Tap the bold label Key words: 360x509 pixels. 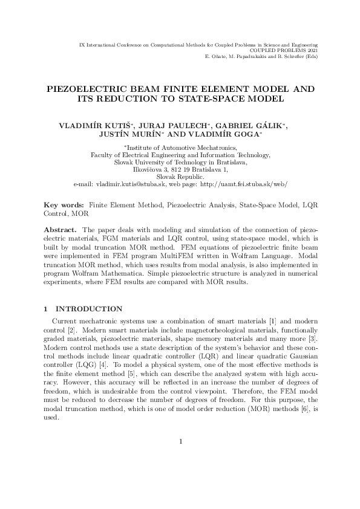pyautogui.click(x=64, y=206)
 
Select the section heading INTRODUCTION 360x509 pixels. pyautogui.click(x=88, y=309)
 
